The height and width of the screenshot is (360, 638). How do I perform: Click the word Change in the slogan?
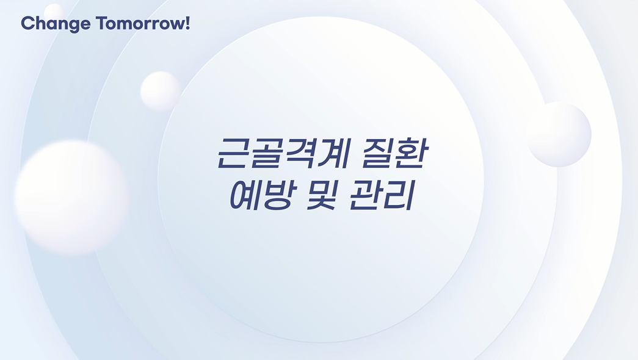pos(56,24)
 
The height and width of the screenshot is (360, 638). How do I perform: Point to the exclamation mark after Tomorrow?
pos(187,23)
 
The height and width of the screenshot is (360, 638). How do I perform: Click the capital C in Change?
pos(27,23)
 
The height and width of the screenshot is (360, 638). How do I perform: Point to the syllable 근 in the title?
pos(234,153)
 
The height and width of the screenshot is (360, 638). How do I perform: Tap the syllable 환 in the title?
pos(411,153)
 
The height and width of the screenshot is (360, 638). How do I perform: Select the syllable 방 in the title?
pos(280,195)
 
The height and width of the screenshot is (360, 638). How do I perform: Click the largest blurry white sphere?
pos(71,197)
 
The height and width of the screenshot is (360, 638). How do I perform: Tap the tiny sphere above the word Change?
pos(54,12)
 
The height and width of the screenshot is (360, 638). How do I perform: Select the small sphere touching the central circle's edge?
pos(161,91)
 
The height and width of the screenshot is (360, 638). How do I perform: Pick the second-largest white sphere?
pos(559,134)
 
